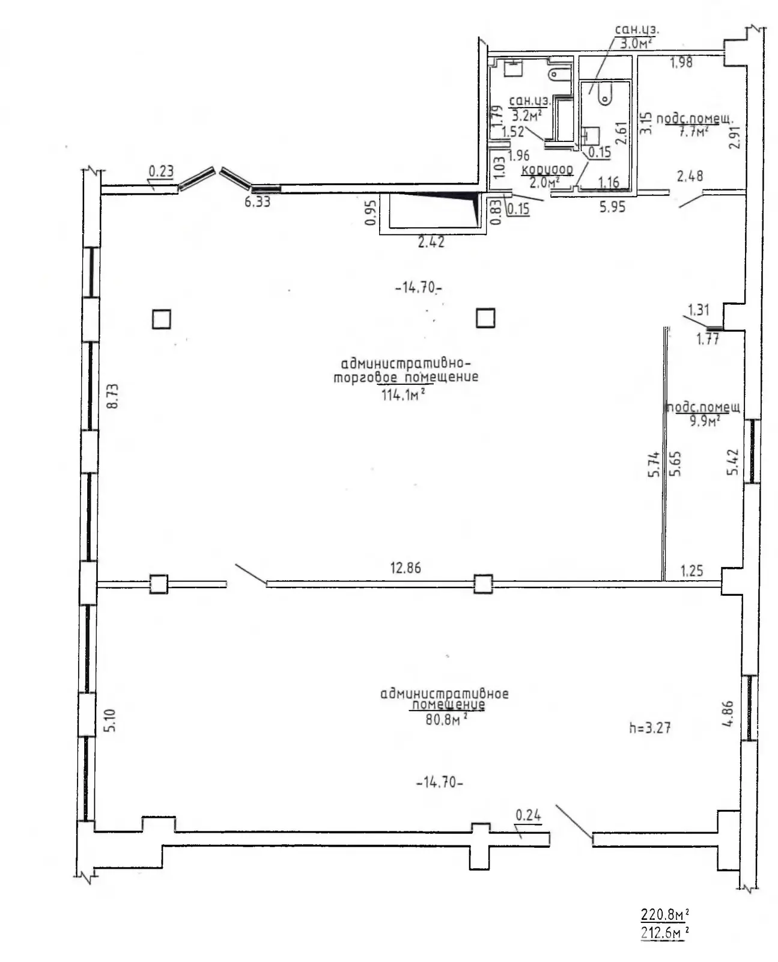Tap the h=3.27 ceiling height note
[649, 728]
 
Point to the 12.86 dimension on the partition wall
[406, 568]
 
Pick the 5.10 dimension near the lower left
[110, 720]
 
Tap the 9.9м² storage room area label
[705, 421]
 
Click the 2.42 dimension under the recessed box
[431, 242]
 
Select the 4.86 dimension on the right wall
[728, 714]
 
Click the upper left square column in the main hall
[161, 319]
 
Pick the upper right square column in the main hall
[485, 317]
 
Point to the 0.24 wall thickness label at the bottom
[529, 815]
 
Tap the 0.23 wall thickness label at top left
[161, 171]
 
